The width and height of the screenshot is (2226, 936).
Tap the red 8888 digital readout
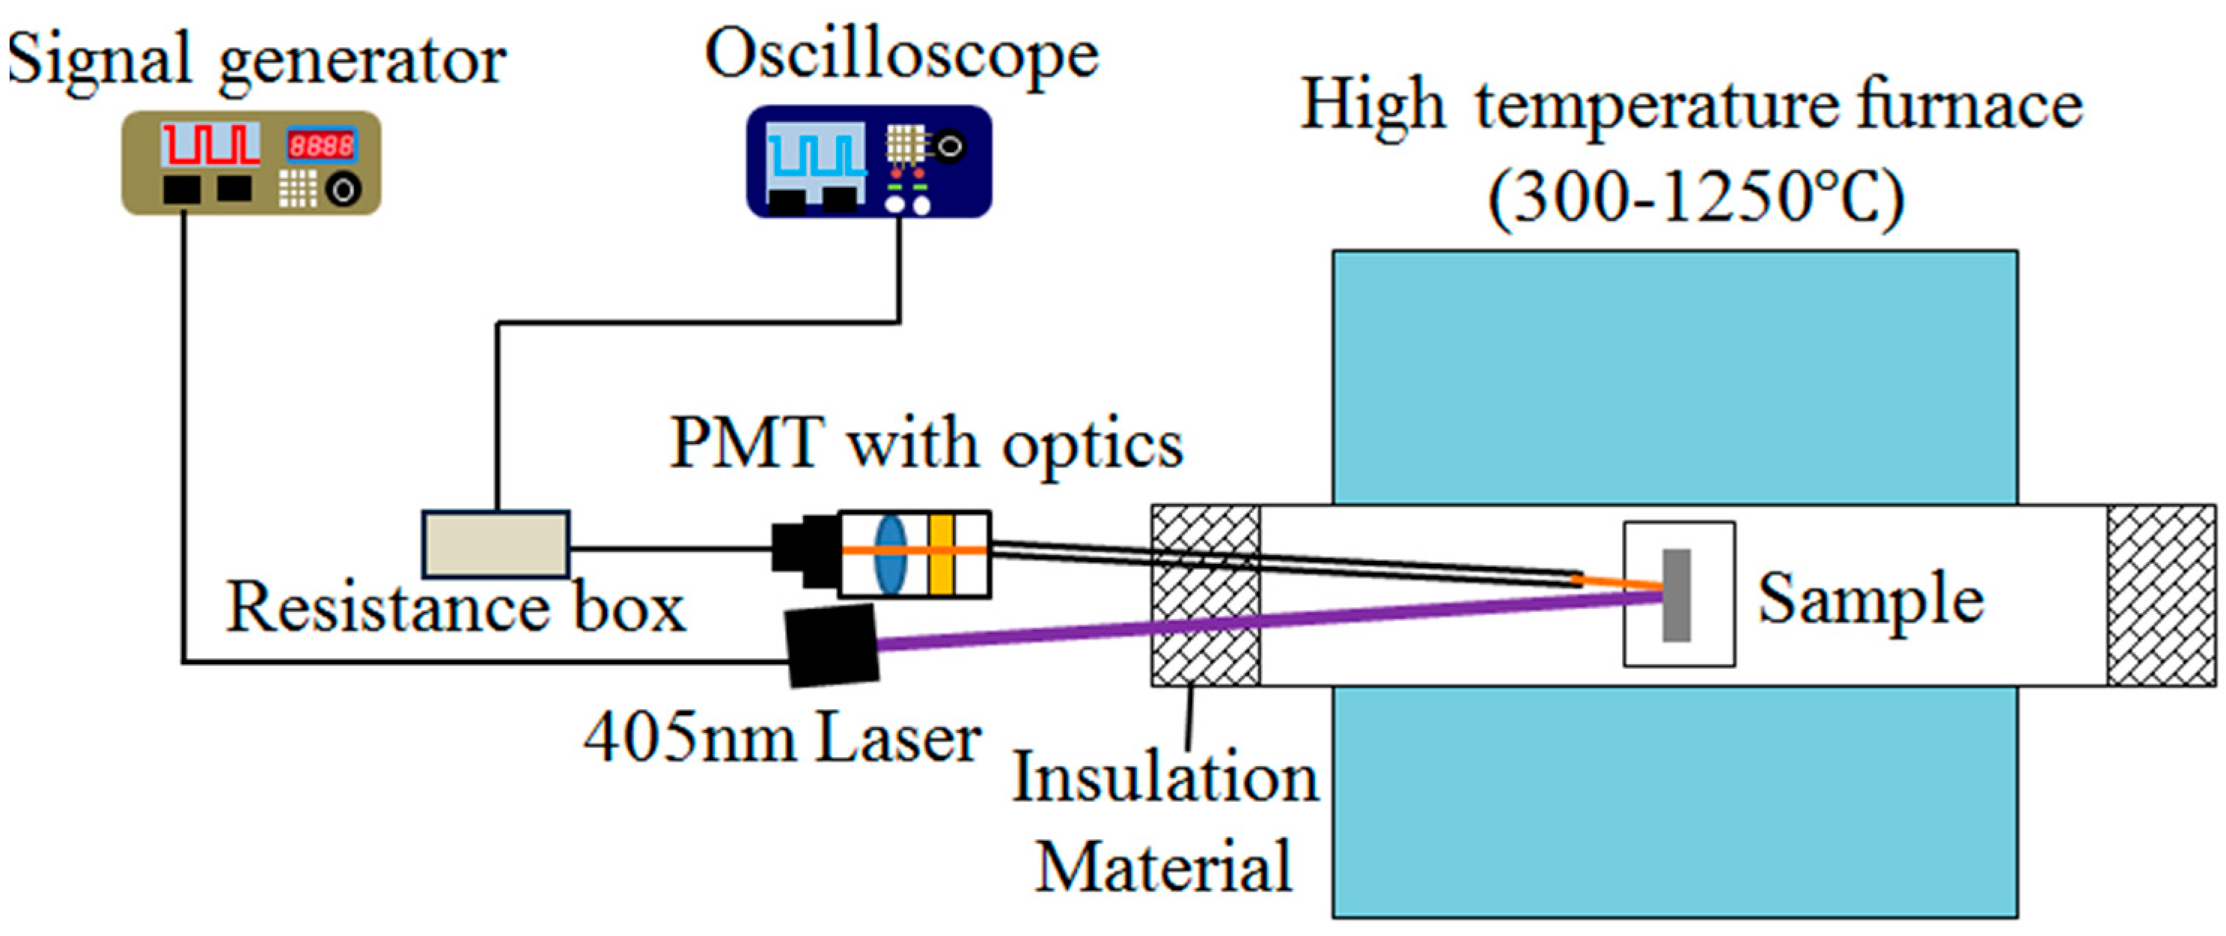pyautogui.click(x=320, y=145)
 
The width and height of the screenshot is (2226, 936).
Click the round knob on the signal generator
pyautogui.click(x=343, y=189)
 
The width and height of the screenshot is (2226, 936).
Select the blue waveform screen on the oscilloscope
pyautogui.click(x=816, y=152)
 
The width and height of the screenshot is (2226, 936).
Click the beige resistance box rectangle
pyautogui.click(x=496, y=544)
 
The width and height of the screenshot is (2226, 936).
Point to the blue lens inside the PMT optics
pyautogui.click(x=890, y=553)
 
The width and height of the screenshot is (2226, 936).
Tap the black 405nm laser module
pyautogui.click(x=832, y=645)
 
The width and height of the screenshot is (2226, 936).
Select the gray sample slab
pyautogui.click(x=1676, y=595)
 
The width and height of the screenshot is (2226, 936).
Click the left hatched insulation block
pyautogui.click(x=1204, y=595)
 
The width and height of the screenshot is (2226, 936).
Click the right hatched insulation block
pyautogui.click(x=2160, y=595)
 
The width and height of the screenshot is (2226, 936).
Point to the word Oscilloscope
pyautogui.click(x=901, y=55)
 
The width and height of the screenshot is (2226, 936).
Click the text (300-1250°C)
pyautogui.click(x=1695, y=198)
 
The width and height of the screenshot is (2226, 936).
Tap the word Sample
pyautogui.click(x=1870, y=599)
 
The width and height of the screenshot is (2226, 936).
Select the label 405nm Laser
pyautogui.click(x=782, y=738)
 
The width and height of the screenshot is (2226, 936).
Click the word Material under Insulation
pyautogui.click(x=1163, y=866)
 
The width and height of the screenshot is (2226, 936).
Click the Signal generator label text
pyautogui.click(x=256, y=61)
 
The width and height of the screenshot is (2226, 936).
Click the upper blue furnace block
pyautogui.click(x=1674, y=376)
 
